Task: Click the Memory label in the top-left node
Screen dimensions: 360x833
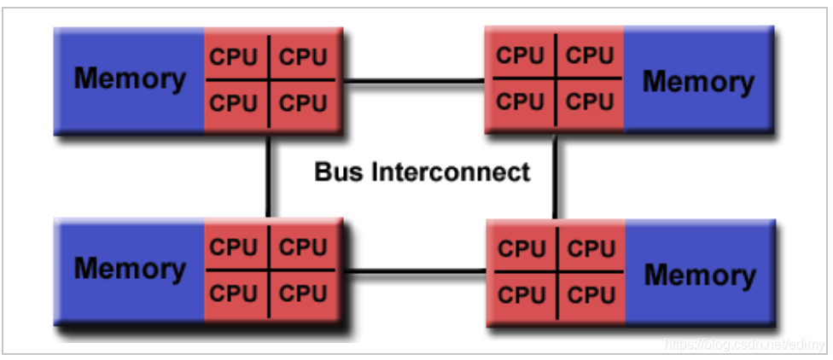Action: pyautogui.click(x=129, y=78)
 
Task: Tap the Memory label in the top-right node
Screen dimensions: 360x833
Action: pyautogui.click(x=698, y=82)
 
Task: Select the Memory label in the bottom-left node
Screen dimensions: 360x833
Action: pyautogui.click(x=129, y=268)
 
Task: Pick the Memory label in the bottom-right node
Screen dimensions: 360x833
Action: pyautogui.click(x=700, y=275)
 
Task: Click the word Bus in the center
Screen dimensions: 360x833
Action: pyautogui.click(x=339, y=171)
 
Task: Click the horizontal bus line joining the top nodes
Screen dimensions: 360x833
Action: pyautogui.click(x=414, y=82)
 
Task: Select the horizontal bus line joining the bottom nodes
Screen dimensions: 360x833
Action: pyautogui.click(x=414, y=272)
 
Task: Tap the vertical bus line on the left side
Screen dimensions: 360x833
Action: pyautogui.click(x=269, y=176)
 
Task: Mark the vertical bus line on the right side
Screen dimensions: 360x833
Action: pyautogui.click(x=555, y=176)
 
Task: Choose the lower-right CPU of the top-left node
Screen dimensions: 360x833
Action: pyautogui.click(x=304, y=103)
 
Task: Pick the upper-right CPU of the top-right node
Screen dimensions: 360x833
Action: pyautogui.click(x=591, y=55)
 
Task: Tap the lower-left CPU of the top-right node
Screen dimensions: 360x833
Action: pyautogui.click(x=520, y=102)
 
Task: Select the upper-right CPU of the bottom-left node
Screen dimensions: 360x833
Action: pyautogui.click(x=304, y=247)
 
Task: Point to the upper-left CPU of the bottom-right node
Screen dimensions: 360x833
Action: pyautogui.click(x=521, y=249)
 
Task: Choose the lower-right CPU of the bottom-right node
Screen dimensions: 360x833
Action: pyautogui.click(x=591, y=295)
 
